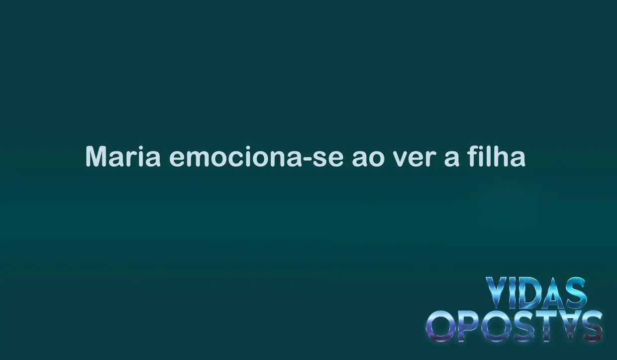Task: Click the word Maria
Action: pos(123,156)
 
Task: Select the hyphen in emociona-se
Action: pos(308,159)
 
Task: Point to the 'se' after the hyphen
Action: pos(328,159)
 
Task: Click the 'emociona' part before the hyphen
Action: pos(236,156)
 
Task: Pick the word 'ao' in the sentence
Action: pos(368,159)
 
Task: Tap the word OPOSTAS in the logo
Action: pos(514,326)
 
